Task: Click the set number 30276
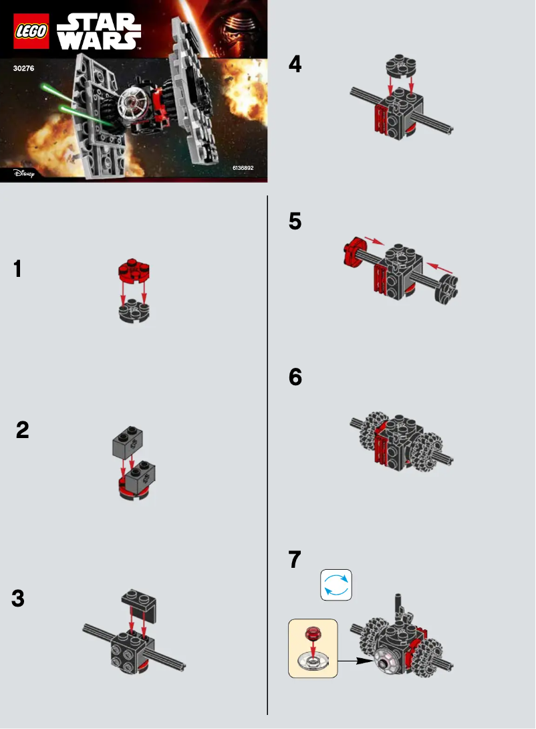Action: click(x=23, y=68)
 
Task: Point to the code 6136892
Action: click(x=243, y=168)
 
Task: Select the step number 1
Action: click(x=17, y=270)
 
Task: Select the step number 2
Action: click(x=23, y=430)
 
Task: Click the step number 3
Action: click(x=18, y=599)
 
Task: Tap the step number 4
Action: click(x=295, y=64)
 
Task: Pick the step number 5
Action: click(x=295, y=221)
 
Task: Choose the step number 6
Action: click(x=295, y=378)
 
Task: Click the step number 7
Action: click(x=295, y=559)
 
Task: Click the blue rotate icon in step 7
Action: click(x=336, y=585)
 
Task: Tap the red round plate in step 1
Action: click(x=134, y=271)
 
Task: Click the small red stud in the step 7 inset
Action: click(x=312, y=633)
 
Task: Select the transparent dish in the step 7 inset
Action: click(x=313, y=661)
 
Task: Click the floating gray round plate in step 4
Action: click(x=400, y=68)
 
